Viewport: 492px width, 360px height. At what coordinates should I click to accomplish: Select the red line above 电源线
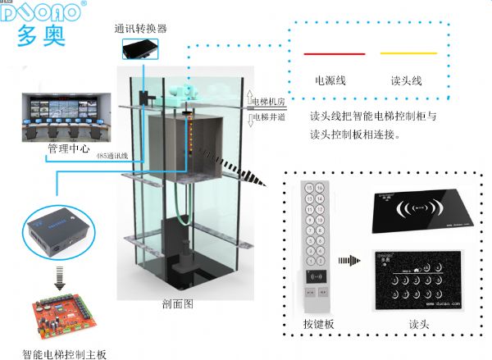335,54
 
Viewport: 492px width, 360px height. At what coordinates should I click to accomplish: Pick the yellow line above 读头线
408,54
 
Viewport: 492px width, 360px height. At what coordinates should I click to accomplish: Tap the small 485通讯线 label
112,155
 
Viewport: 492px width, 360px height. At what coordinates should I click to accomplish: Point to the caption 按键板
318,324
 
